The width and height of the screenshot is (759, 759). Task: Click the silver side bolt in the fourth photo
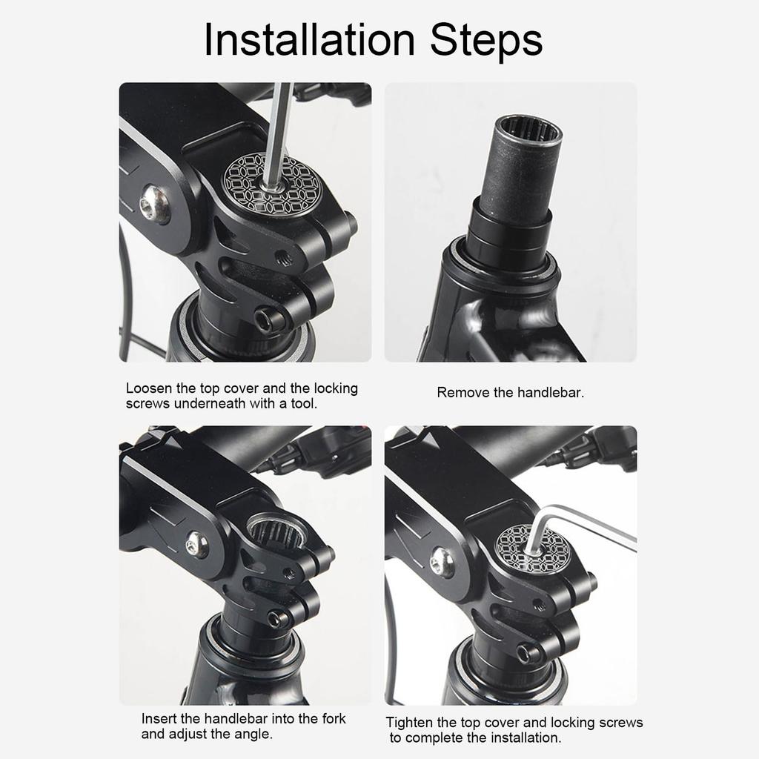443,562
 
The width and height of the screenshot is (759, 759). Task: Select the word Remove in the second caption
460,393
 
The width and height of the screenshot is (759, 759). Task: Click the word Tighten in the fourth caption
410,723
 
